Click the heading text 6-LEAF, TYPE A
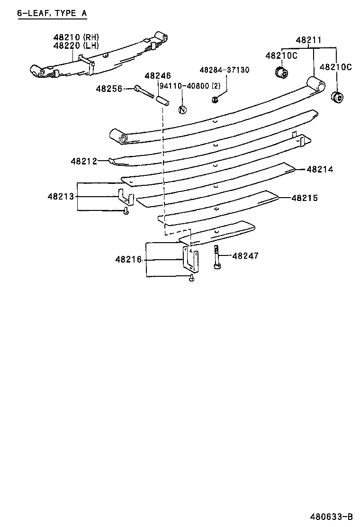click(52, 13)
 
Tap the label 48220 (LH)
click(76, 46)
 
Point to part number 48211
click(309, 40)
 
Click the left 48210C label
click(281, 55)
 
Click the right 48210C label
click(336, 67)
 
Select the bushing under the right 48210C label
click(338, 97)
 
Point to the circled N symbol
click(182, 109)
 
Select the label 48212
click(84, 161)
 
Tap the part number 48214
click(320, 169)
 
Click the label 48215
click(304, 198)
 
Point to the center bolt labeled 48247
click(216, 257)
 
